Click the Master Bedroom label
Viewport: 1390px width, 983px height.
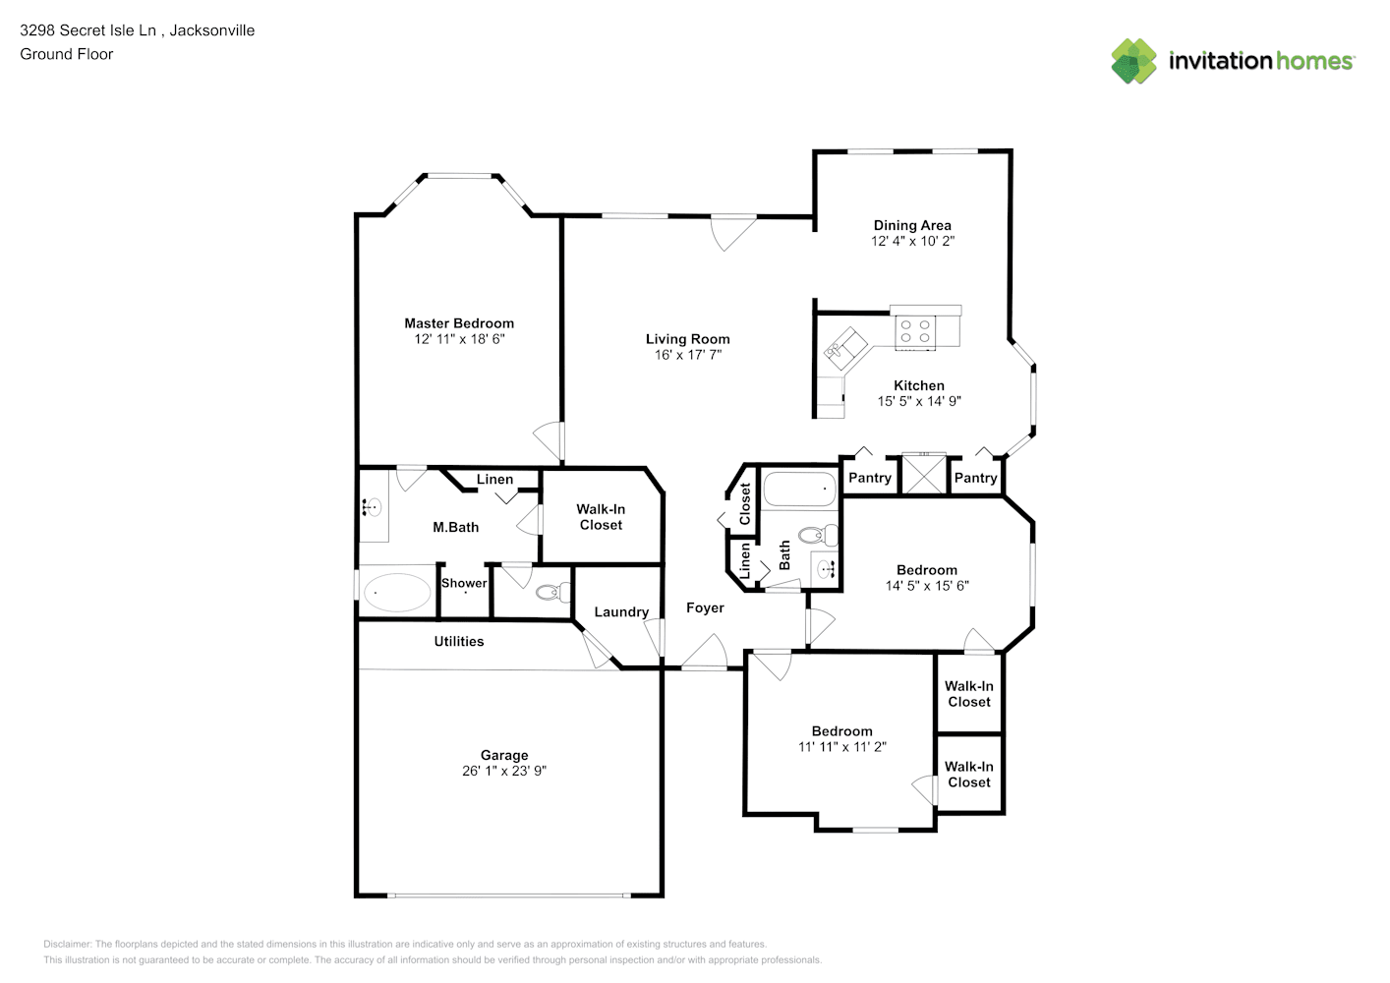pyautogui.click(x=459, y=323)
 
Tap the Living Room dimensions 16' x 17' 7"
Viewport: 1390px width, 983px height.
pyautogui.click(x=688, y=355)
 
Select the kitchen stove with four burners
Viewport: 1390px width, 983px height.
pyautogui.click(x=915, y=330)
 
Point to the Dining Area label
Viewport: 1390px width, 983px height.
pyautogui.click(x=912, y=225)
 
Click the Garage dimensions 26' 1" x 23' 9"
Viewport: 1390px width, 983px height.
pyautogui.click(x=504, y=771)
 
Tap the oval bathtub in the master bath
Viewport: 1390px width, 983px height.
pyautogui.click(x=396, y=593)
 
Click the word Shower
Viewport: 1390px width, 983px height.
pyautogui.click(x=464, y=583)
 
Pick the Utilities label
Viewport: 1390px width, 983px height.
pyautogui.click(x=458, y=641)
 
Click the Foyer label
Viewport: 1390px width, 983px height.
pyautogui.click(x=705, y=608)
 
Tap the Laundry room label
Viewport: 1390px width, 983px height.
pyautogui.click(x=621, y=612)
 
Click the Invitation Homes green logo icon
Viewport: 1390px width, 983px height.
pyautogui.click(x=1133, y=61)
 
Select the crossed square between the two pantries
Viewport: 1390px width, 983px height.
pyautogui.click(x=923, y=474)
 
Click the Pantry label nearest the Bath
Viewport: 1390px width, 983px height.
pyautogui.click(x=870, y=478)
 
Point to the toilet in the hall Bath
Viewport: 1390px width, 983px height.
pyautogui.click(x=817, y=535)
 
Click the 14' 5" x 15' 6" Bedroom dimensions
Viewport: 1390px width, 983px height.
pyautogui.click(x=927, y=586)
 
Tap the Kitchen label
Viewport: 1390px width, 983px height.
pyautogui.click(x=919, y=385)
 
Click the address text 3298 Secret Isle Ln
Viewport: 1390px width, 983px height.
pyautogui.click(x=87, y=30)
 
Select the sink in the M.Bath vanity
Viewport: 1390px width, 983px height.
pyautogui.click(x=371, y=507)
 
